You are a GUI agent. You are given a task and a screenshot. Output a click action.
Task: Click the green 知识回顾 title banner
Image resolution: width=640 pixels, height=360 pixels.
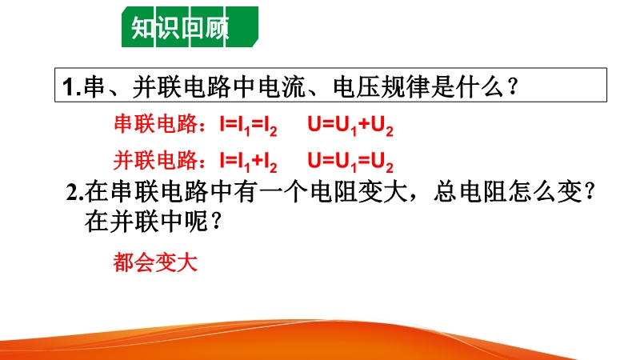[x=190, y=27]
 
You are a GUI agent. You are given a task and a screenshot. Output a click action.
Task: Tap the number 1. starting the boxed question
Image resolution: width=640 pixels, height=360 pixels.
[x=72, y=87]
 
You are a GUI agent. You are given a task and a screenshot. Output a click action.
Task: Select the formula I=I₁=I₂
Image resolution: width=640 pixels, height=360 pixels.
[x=248, y=126]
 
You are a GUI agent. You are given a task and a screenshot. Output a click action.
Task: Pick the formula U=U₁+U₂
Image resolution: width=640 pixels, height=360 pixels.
[x=350, y=126]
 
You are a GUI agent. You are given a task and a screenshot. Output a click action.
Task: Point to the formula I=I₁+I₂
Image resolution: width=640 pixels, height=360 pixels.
[x=248, y=162]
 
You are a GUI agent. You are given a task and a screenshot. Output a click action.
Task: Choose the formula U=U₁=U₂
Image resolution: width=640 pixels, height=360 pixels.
[x=350, y=162]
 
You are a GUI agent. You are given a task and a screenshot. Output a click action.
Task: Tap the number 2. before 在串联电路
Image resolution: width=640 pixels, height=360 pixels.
[x=74, y=192]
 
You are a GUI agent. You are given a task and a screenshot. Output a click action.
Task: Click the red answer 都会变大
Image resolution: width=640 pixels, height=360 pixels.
[x=155, y=262]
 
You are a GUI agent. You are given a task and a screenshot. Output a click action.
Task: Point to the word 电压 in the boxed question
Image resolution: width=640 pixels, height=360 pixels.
[x=356, y=86]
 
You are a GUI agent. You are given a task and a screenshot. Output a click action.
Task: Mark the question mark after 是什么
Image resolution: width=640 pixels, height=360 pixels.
[x=513, y=87]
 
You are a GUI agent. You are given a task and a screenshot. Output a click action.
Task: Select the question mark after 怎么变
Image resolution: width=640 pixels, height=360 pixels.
[x=589, y=191]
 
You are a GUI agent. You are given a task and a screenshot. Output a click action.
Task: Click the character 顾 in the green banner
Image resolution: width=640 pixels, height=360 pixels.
[x=217, y=28]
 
